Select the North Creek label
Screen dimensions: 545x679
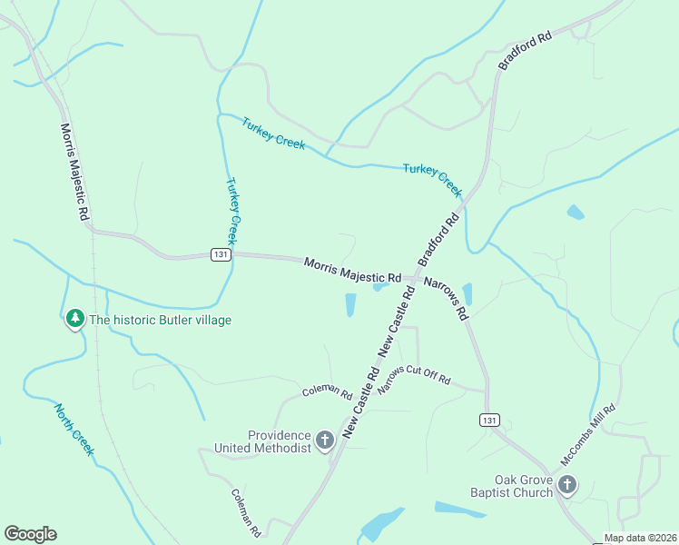74,430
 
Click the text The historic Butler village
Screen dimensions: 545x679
160,320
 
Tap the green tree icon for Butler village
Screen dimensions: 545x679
75,319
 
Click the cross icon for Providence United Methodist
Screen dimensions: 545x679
325,442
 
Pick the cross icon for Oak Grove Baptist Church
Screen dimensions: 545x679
567,486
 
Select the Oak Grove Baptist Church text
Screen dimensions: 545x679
523,486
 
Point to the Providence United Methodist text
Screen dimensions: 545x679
262,441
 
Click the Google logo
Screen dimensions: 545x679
30,534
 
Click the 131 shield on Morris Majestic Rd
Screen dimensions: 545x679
221,255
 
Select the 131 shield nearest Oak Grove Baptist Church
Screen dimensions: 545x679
489,420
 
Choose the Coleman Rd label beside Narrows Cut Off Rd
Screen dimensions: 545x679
327,392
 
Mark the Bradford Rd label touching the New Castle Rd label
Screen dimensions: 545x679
439,240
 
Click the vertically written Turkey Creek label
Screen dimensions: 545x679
232,211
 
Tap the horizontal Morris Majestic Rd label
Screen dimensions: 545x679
352,270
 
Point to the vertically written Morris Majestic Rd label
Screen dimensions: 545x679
74,172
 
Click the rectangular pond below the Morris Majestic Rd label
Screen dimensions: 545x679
350,305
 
